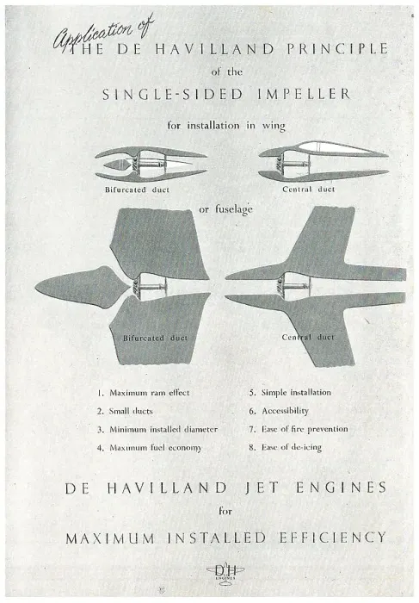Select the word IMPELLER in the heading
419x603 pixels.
tap(304, 94)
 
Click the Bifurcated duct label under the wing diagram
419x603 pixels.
tap(137, 190)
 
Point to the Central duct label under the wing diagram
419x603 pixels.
tap(308, 190)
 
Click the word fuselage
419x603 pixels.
tap(234, 209)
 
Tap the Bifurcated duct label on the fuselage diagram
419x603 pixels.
tap(155, 338)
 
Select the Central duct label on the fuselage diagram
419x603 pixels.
tap(308, 338)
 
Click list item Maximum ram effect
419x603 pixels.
tap(143, 393)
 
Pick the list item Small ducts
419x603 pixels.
tap(125, 411)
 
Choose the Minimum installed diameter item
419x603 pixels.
tap(157, 429)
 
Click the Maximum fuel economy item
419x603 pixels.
tap(149, 448)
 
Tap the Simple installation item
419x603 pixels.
tap(290, 392)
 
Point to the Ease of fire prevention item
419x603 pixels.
tap(299, 429)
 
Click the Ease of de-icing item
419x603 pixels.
tap(286, 447)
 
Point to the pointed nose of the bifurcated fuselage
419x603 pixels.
tap(36, 288)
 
